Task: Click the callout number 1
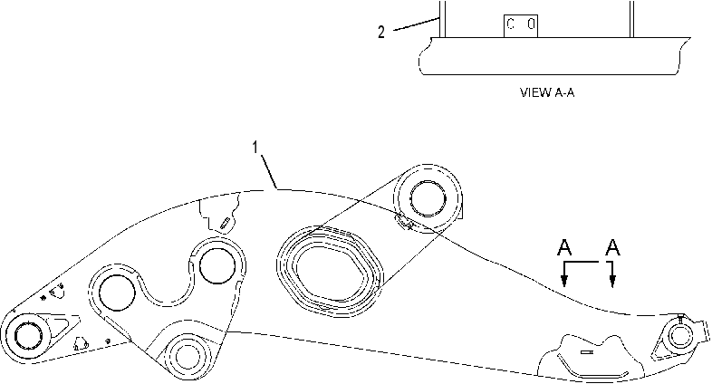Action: [x=255, y=148]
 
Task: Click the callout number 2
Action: [x=381, y=32]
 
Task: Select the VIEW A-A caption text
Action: [x=547, y=92]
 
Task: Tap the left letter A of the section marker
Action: [x=564, y=248]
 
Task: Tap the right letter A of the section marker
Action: [x=612, y=248]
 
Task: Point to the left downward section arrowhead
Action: [x=564, y=282]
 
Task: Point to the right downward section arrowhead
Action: [x=612, y=282]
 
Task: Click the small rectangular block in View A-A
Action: [x=520, y=26]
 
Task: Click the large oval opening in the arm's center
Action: [x=331, y=271]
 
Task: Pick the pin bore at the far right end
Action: [x=679, y=336]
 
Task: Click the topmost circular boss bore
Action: [x=428, y=198]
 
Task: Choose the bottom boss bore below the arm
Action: [x=187, y=355]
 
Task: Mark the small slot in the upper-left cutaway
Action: [x=225, y=223]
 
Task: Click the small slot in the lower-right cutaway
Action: [x=586, y=351]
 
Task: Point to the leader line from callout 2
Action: [x=416, y=24]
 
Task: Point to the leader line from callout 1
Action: [x=269, y=171]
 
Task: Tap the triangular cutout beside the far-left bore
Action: [x=60, y=325]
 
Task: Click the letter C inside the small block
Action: [x=511, y=24]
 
